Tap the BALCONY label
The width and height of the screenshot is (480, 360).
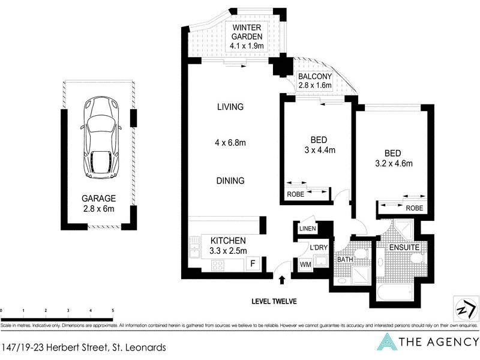315,77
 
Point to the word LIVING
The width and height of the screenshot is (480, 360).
230,107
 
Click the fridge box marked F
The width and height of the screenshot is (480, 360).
253,262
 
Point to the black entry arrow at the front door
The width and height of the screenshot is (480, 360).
283,278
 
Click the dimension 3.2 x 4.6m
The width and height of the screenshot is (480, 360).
393,163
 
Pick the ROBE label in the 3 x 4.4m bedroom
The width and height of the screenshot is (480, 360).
295,194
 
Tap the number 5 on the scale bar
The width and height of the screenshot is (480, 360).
113,311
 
